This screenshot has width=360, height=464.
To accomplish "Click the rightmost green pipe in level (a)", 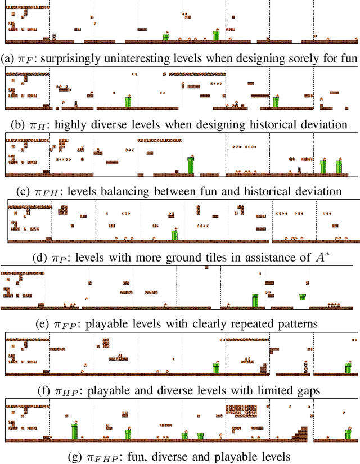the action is click(x=215, y=35).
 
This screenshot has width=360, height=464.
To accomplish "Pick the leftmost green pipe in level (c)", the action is click(x=191, y=165).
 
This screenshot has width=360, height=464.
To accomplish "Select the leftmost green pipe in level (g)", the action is click(x=74, y=431).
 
